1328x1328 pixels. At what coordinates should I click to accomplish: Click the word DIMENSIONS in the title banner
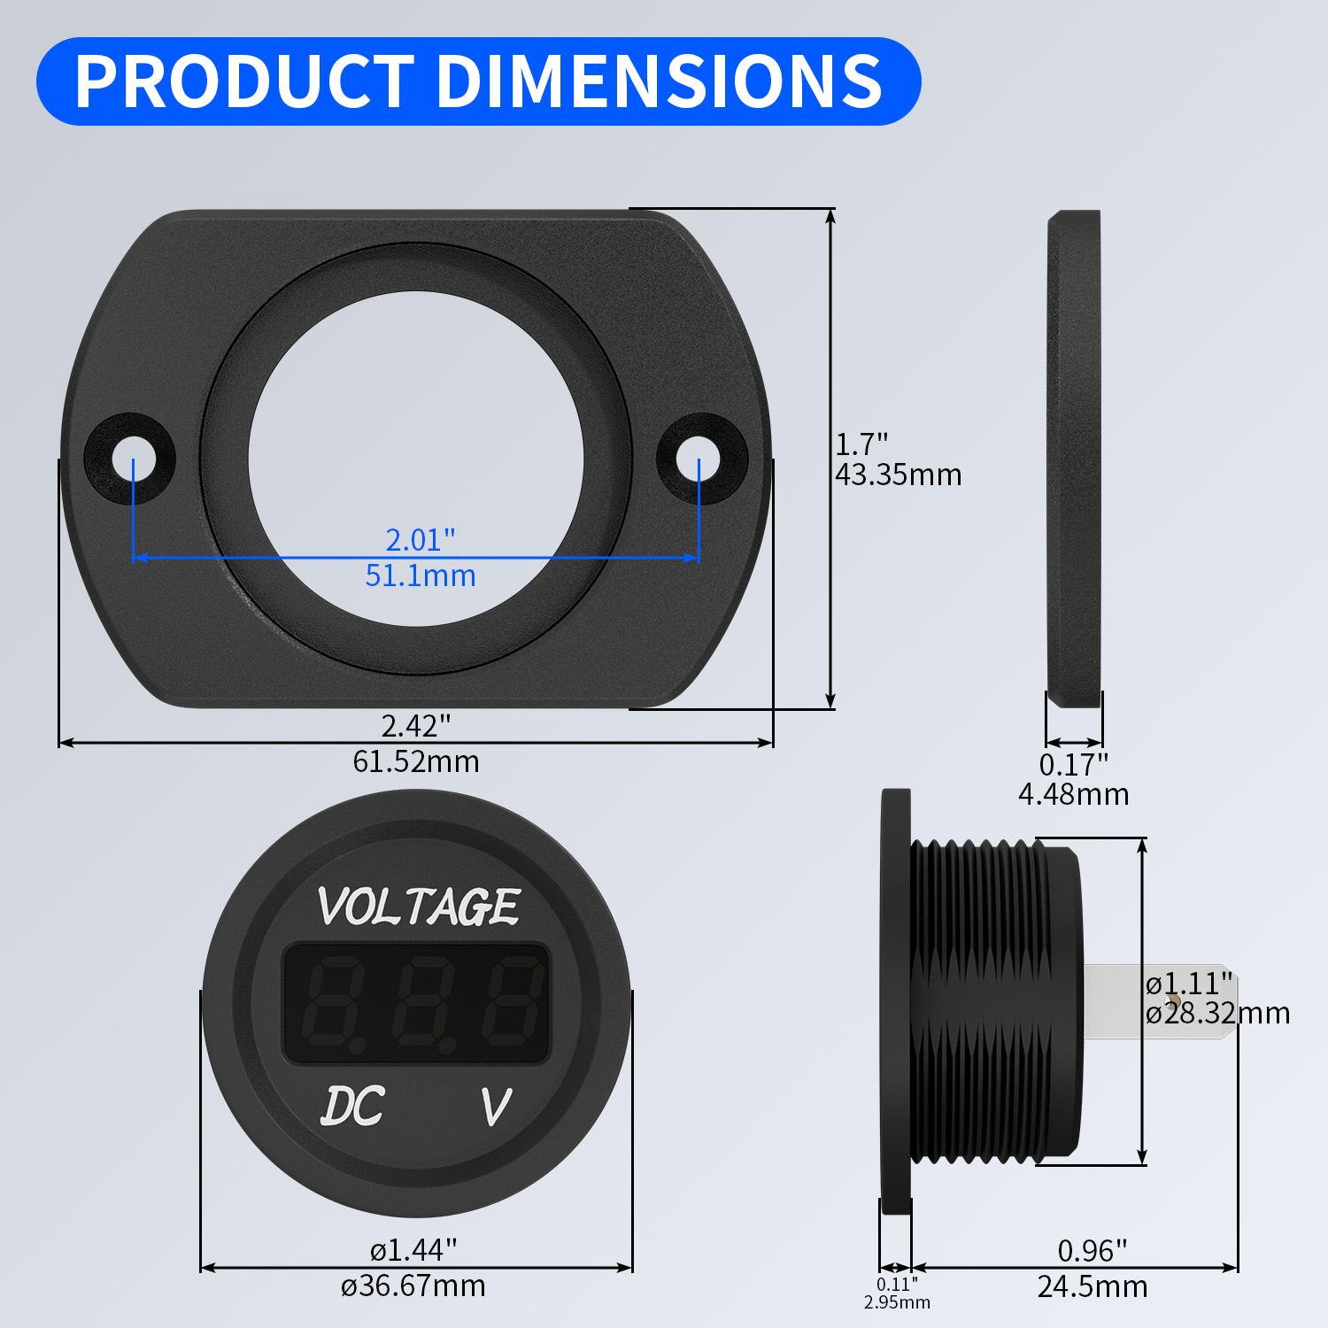660,81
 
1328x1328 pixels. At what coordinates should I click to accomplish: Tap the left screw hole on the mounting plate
133,459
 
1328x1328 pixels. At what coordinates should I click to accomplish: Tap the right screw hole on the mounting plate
699,459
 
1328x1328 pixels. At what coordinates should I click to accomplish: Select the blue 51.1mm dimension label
421,576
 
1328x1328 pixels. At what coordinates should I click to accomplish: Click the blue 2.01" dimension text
421,539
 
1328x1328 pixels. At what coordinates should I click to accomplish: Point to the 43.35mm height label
898,475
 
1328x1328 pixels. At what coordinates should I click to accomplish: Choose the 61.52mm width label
416,761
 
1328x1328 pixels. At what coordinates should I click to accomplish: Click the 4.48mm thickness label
1073,794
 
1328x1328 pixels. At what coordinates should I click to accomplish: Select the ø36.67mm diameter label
413,1286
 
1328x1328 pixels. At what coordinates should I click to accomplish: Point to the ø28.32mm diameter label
1217,1013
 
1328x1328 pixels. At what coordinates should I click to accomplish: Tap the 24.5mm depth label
1093,1286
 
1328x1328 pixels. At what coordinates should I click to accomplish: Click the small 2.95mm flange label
897,1302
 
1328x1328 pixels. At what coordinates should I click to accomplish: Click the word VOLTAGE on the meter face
418,907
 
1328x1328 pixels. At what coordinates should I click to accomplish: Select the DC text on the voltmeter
352,1106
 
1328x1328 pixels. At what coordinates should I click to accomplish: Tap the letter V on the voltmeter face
496,1107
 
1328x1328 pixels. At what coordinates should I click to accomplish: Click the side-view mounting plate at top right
1074,459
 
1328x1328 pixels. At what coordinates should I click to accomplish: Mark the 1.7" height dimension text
861,444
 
